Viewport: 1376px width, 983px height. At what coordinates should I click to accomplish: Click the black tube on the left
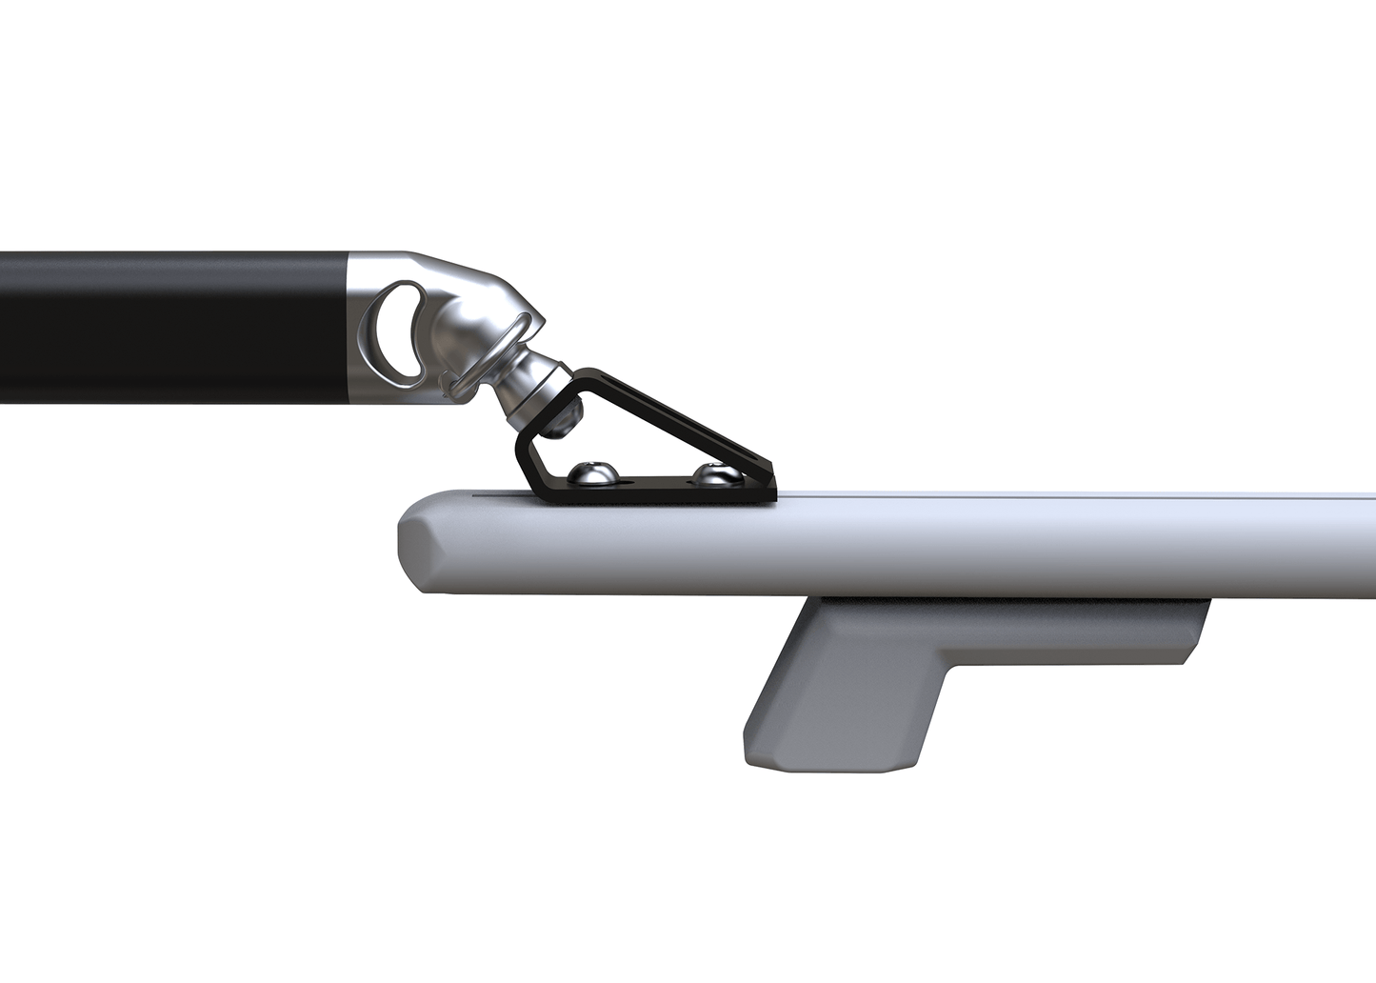point(171,327)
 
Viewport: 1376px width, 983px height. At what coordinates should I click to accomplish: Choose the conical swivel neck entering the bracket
point(533,391)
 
